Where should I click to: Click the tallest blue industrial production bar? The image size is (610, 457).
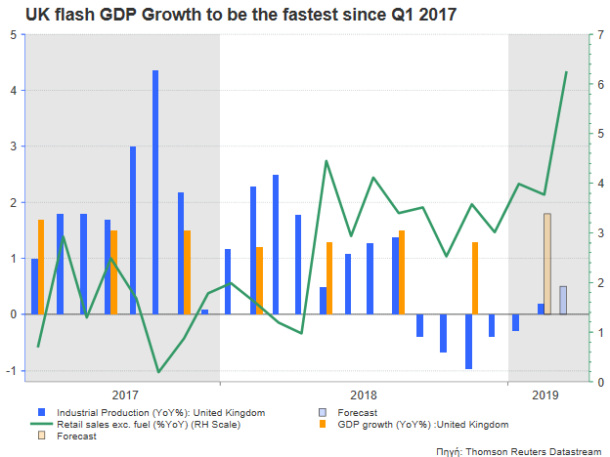pos(155,192)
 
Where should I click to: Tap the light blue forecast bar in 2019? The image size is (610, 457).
pos(563,300)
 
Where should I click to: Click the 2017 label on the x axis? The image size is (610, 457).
pos(124,395)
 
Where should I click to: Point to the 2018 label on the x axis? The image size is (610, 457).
pos(364,395)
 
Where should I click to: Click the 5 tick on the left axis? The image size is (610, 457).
pos(12,34)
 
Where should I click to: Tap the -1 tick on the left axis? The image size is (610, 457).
pos(11,371)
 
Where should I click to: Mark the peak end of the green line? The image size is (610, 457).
pos(566,72)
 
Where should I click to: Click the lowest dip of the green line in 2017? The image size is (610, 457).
pos(158,371)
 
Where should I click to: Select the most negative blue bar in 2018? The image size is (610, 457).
pos(469,342)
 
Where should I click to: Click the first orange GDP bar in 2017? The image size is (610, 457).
pos(41,267)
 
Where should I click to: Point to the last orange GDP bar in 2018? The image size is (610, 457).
pos(475,278)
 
